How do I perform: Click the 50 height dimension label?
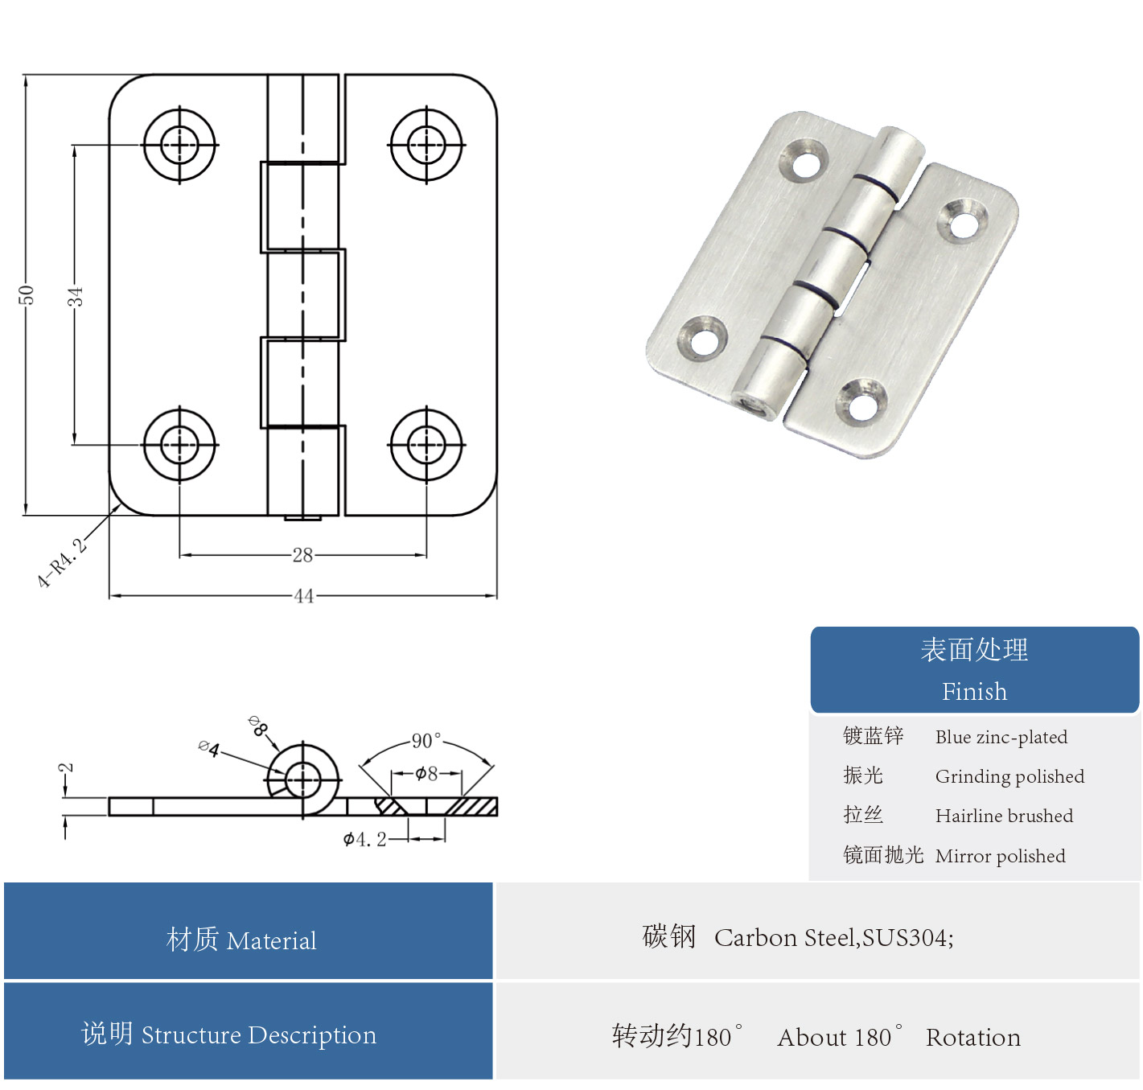click(x=26, y=295)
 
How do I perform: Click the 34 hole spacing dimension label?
click(x=75, y=296)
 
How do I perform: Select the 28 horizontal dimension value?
click(x=302, y=555)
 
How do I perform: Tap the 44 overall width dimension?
click(x=303, y=596)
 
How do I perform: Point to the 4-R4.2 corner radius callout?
click(x=62, y=562)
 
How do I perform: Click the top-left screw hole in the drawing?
click(x=179, y=146)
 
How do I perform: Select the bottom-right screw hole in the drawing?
click(x=426, y=444)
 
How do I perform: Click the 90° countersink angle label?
click(x=426, y=741)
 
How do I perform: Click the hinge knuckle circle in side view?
click(x=302, y=779)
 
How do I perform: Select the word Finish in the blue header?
click(x=974, y=691)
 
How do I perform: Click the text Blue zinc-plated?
click(x=1001, y=737)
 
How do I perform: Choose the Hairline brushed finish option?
click(x=1004, y=816)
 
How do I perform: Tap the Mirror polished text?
click(x=1000, y=856)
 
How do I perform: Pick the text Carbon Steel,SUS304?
click(x=833, y=938)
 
